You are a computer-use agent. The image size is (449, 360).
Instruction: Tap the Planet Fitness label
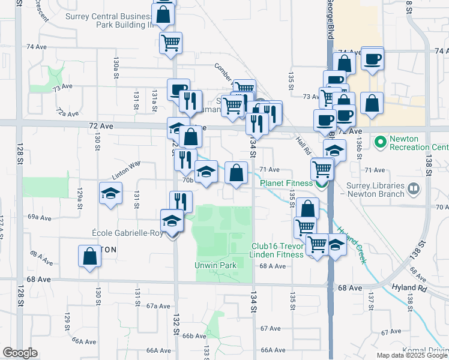point(286,183)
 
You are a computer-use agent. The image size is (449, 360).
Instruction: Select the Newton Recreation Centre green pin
point(379,143)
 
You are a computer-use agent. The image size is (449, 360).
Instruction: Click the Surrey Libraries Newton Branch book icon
point(413,190)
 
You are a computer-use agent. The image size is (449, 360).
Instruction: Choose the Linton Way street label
point(125,170)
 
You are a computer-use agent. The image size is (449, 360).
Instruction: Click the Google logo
point(20,353)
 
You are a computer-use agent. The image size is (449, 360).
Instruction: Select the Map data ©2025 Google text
point(411,355)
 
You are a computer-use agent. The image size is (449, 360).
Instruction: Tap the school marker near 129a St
point(110,194)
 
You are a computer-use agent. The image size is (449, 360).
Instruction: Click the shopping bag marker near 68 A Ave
point(89,257)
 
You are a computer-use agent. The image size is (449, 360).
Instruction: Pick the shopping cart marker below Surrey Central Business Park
point(171,43)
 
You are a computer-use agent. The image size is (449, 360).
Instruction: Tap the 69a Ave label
point(41,217)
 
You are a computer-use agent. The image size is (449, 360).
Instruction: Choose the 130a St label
point(116,62)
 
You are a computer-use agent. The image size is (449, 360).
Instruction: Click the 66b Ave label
point(194,336)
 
